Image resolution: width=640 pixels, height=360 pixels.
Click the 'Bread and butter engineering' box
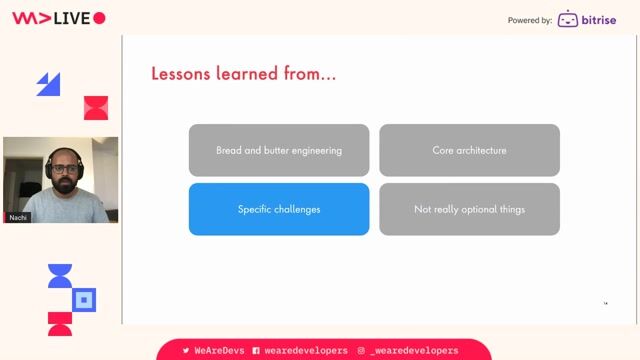pyautogui.click(x=279, y=150)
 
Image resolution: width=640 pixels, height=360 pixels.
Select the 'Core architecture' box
pyautogui.click(x=469, y=150)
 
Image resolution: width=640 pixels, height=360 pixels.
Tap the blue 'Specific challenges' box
pyautogui.click(x=279, y=209)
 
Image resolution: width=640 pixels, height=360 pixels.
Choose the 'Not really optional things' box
pyautogui.click(x=469, y=209)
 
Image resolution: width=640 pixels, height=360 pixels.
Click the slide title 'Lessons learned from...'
pyautogui.click(x=243, y=74)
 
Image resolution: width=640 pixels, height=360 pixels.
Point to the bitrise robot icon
pyautogui.click(x=568, y=19)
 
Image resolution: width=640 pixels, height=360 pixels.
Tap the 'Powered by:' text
pyautogui.click(x=529, y=20)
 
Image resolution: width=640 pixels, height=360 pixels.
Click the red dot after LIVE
pyautogui.click(x=99, y=18)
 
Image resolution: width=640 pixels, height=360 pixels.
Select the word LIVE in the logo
pyautogui.click(x=73, y=18)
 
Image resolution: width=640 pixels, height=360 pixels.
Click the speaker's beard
pyautogui.click(x=63, y=189)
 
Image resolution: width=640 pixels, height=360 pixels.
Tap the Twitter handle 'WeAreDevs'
pyautogui.click(x=214, y=351)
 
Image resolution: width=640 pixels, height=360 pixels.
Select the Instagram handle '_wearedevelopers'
pyautogui.click(x=414, y=351)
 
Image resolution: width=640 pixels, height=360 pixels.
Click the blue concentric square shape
pyautogui.click(x=85, y=299)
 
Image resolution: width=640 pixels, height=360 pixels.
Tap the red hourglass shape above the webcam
pyautogui.click(x=96, y=108)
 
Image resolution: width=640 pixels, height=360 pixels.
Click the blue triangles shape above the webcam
pyautogui.click(x=48, y=84)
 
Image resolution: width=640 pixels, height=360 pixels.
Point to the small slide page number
pyautogui.click(x=605, y=303)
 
